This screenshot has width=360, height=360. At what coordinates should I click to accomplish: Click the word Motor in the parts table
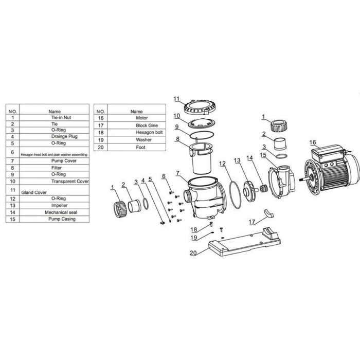(x=136, y=118)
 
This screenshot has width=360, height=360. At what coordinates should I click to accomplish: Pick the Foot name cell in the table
(x=136, y=147)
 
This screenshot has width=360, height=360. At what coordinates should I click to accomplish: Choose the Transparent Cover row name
(x=70, y=182)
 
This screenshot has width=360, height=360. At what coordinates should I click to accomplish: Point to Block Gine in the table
(x=136, y=125)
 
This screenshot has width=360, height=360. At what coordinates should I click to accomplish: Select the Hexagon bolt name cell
(x=136, y=132)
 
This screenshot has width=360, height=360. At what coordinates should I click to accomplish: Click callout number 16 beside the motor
(x=313, y=142)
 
